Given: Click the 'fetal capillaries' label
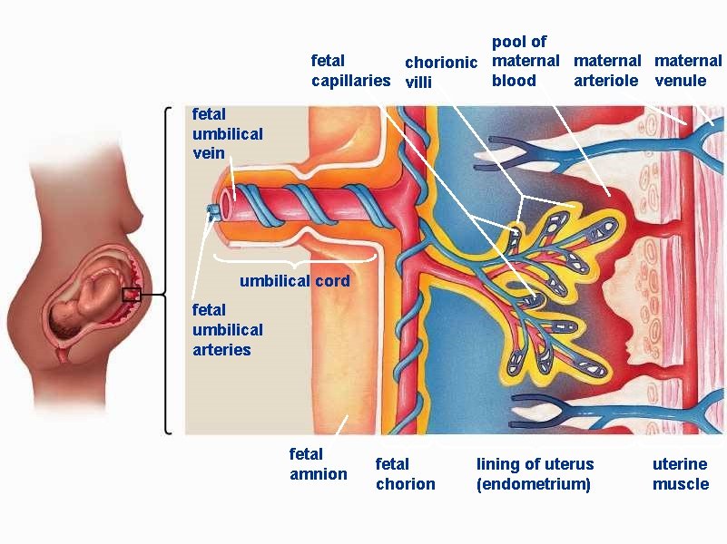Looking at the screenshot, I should pos(350,71).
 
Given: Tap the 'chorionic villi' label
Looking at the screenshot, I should pos(440,73).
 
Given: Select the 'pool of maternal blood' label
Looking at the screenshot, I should pos(526,61).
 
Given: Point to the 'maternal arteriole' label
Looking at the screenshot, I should pos(607,71).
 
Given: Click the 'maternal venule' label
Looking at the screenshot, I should pos(688,71).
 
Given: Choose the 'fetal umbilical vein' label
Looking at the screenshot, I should pos(227,133).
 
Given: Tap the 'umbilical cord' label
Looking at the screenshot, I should pos(294,281).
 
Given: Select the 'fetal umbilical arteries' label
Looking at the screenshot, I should pos(227,330).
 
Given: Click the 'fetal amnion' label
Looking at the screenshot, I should pos(318,463).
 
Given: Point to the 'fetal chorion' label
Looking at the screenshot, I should pos(405,474).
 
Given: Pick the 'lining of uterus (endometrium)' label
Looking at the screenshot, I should pos(535,474).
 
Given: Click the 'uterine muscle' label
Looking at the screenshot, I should pos(680,474).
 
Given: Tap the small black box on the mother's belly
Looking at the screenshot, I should pos(132,294).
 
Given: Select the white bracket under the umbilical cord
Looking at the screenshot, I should pos(294,259).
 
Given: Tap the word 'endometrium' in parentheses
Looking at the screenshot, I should pos(534,484).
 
